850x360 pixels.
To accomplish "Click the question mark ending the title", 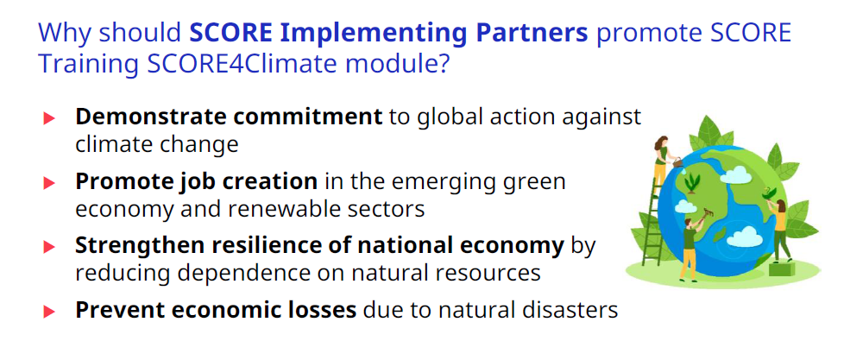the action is coord(442,63).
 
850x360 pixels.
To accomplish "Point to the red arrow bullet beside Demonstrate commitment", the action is coord(49,118).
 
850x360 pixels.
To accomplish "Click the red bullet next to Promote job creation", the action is coord(49,183).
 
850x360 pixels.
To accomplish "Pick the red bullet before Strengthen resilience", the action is coord(49,247).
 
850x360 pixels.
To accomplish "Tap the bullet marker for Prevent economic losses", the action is coord(49,311).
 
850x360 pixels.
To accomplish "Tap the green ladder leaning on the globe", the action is coord(652,221).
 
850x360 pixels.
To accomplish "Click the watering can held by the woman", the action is coord(677,161).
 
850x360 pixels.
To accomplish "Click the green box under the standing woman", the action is coord(780,268).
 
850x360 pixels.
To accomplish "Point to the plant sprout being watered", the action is coord(692,183).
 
